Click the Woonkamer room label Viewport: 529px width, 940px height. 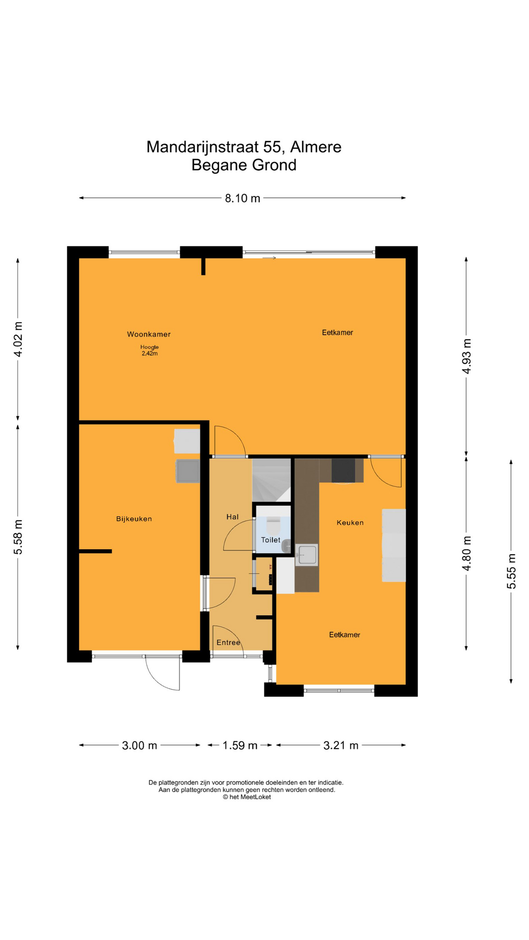(x=149, y=334)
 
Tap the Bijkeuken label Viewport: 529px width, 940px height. (x=134, y=519)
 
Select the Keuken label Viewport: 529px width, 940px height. (x=350, y=523)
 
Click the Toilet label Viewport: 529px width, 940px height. (x=270, y=540)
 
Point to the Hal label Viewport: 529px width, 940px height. (x=232, y=517)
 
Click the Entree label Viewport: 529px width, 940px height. (x=228, y=642)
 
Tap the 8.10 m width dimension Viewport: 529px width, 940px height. (x=242, y=198)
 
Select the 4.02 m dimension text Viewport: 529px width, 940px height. (x=18, y=340)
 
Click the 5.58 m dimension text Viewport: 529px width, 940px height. (x=18, y=537)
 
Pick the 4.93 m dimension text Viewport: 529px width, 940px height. (x=466, y=356)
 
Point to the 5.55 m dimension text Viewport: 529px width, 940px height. (x=511, y=571)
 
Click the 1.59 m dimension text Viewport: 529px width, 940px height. (x=240, y=746)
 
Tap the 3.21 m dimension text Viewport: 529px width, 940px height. (x=341, y=746)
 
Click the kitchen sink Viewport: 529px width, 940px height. (x=307, y=555)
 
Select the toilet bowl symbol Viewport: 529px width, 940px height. (x=273, y=526)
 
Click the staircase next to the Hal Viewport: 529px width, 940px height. (x=271, y=480)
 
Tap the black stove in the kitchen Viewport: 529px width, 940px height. (x=343, y=470)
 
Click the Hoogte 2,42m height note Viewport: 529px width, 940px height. (x=149, y=350)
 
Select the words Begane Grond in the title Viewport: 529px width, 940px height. (x=244, y=165)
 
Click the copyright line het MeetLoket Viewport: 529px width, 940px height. (x=247, y=797)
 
